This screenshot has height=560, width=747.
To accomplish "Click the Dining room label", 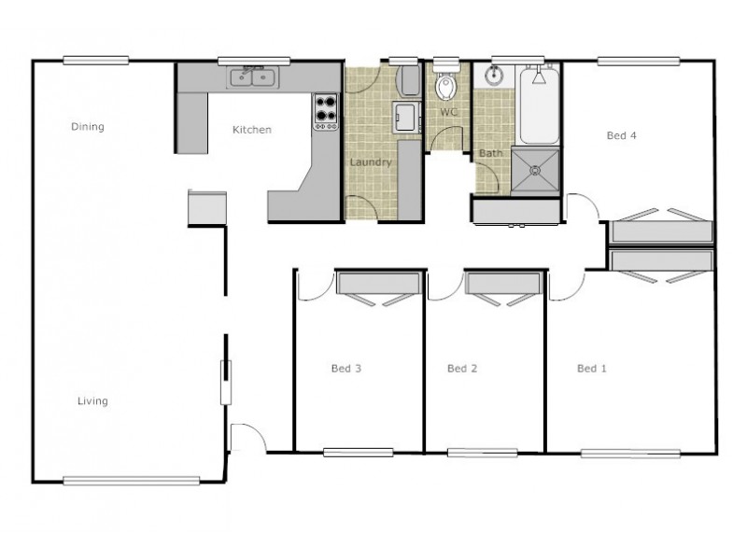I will click(88, 127).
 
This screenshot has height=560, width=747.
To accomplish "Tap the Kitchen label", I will click(251, 130).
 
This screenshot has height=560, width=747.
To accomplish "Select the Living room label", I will click(92, 401).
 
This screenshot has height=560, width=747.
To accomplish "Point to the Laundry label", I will click(370, 162).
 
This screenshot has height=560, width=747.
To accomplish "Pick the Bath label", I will click(490, 153).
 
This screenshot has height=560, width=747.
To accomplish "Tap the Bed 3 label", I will click(345, 369).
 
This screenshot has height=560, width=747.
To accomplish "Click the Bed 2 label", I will click(462, 369).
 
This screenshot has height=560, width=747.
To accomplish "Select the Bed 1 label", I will click(592, 369).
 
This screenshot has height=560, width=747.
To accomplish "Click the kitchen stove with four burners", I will click(325, 111).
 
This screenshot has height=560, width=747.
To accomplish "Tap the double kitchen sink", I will click(252, 77).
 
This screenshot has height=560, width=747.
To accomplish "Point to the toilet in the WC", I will click(445, 85).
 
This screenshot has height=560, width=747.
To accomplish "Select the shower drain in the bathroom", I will click(535, 171).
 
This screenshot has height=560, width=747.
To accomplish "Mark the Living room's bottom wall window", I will click(132, 481).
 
